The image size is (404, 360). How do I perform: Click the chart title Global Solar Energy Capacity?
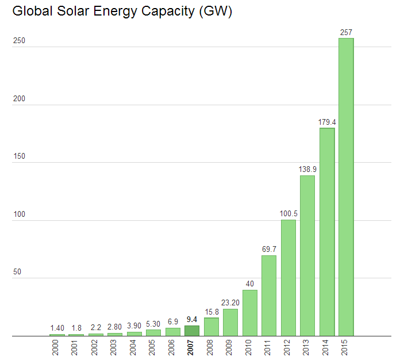pos(122,12)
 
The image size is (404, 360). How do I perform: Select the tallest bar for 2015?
pos(346,187)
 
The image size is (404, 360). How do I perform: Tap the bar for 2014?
pos(327,232)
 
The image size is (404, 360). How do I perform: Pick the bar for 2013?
pos(307,255)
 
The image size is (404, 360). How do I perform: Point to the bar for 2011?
pos(269,296)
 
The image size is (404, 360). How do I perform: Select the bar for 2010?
pos(250,313)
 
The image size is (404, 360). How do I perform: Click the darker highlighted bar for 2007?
pos(192,331)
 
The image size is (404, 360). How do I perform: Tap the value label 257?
pos(346,33)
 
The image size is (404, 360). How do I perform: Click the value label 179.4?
pos(327,122)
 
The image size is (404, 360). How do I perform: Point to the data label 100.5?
pos(288,214)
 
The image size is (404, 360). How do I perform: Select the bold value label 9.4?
pos(192,320)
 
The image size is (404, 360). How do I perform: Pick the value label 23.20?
pos(230,303)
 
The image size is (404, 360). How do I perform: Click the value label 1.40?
pos(57,328)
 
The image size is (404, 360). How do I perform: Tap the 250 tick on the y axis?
pos(18,41)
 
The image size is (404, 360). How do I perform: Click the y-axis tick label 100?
pos(18,215)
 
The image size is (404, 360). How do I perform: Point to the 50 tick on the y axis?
pos(17,272)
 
